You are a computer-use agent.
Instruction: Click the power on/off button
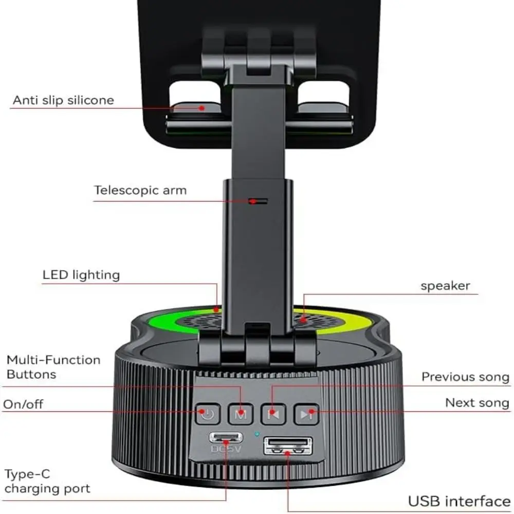(x=208, y=414)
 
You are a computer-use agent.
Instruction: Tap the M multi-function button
(x=241, y=414)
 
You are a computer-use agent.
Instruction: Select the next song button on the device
(x=306, y=414)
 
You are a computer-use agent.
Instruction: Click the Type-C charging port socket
(x=226, y=437)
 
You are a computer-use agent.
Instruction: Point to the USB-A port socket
(x=288, y=446)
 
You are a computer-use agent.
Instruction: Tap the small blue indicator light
(x=257, y=434)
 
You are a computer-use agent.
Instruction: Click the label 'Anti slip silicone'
(x=63, y=100)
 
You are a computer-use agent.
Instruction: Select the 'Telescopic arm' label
(x=140, y=190)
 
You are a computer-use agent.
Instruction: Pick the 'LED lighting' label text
(x=81, y=274)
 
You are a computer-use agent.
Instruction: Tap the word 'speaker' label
(x=445, y=286)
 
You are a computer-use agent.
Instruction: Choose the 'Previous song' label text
(x=465, y=377)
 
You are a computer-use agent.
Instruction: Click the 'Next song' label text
(x=477, y=402)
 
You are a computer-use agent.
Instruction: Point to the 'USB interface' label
(x=459, y=502)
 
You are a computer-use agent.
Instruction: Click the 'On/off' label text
(x=23, y=404)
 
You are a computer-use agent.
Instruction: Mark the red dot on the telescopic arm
(x=252, y=201)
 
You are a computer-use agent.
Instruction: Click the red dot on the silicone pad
(x=202, y=108)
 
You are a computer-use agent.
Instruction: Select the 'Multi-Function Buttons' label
(x=53, y=367)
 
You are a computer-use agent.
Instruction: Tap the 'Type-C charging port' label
(x=47, y=481)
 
